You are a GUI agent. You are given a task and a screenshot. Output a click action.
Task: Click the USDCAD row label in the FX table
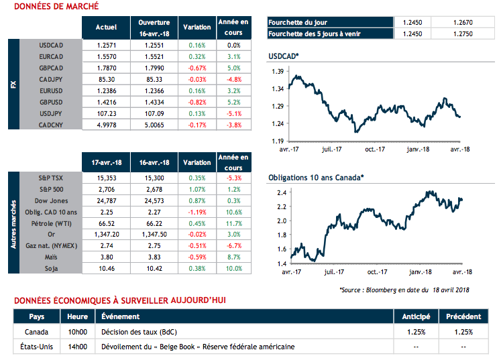[52, 45]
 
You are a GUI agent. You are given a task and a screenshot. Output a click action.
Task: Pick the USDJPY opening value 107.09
[154, 113]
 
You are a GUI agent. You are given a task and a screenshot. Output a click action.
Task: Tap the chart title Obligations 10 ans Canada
[315, 178]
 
